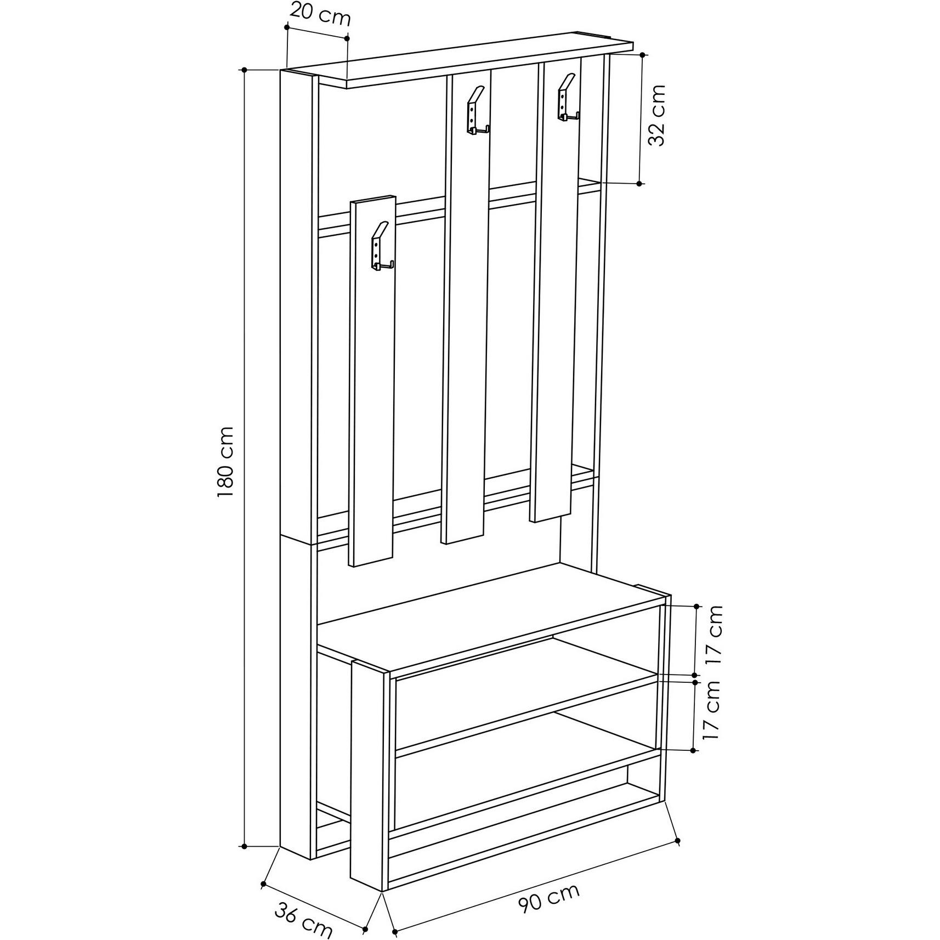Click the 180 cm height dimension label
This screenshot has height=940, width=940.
226,461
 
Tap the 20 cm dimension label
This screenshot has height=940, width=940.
320,14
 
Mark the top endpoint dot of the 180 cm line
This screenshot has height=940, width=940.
245,70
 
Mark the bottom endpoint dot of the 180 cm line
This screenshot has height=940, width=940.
245,846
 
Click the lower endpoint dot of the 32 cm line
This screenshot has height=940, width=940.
639,184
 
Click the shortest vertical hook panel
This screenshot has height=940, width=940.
373,384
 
